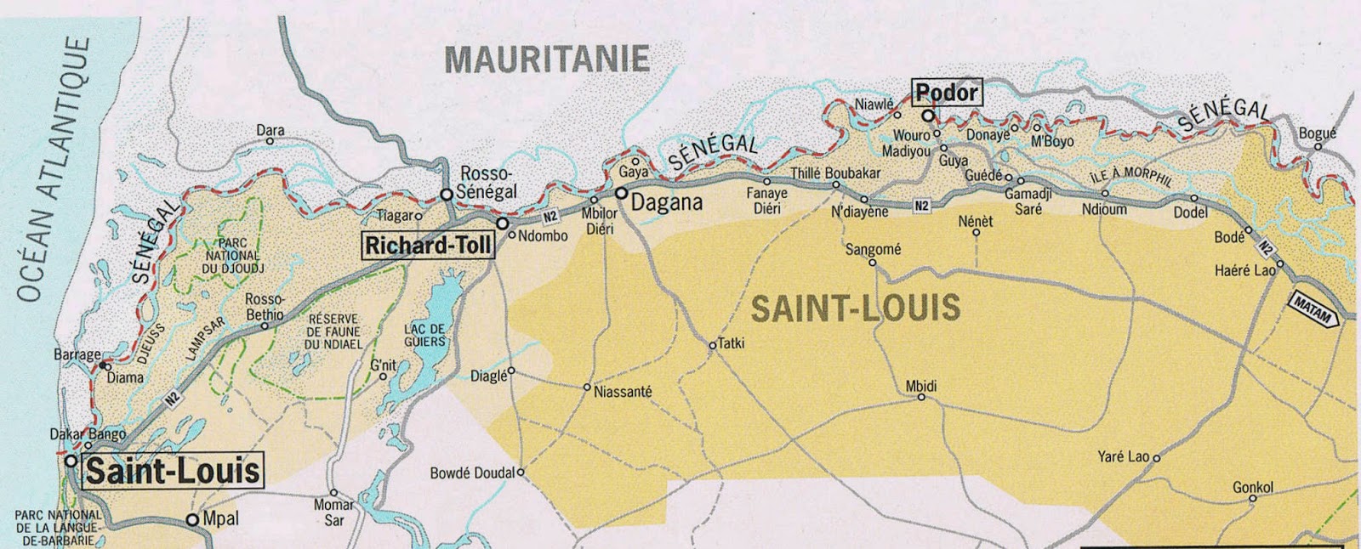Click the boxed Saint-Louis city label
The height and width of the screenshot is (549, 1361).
(173, 471)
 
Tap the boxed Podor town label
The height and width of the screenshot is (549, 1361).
(946, 92)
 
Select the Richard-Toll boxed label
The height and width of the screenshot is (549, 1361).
(428, 246)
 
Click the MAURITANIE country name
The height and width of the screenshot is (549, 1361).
(547, 59)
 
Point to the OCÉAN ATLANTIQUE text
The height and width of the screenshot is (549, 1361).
(54, 170)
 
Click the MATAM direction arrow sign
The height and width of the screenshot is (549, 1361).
(1313, 309)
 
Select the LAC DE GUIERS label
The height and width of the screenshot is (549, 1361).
(424, 336)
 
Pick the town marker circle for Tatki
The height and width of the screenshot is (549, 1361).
(712, 346)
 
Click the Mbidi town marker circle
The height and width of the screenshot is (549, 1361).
(921, 397)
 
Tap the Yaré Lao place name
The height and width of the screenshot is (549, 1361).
(1123, 457)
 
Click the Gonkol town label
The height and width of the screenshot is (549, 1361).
(1252, 488)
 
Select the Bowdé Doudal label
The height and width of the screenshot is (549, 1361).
(472, 473)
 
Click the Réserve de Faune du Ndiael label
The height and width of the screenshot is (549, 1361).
(333, 331)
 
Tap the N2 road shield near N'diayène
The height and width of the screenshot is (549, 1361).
(922, 206)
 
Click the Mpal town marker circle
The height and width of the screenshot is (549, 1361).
(192, 519)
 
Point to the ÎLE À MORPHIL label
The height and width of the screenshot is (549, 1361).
(1130, 177)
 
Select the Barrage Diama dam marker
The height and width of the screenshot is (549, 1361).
(103, 366)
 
